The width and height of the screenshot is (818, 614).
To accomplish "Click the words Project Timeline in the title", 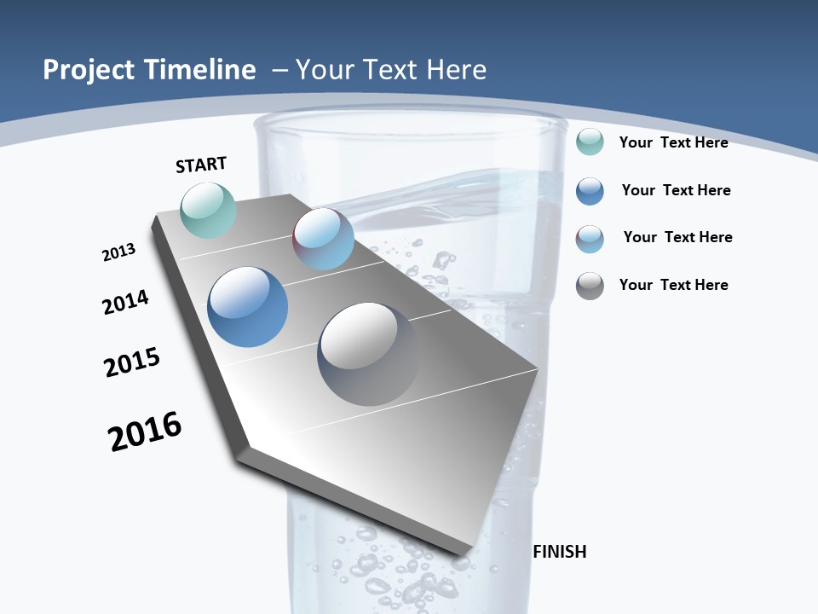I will pyautogui.click(x=149, y=70).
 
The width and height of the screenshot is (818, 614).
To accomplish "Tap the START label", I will pyautogui.click(x=201, y=165).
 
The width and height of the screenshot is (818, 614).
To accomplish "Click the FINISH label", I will pyautogui.click(x=560, y=552).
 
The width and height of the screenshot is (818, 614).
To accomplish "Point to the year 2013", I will pyautogui.click(x=118, y=252).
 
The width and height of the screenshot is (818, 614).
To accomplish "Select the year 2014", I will pyautogui.click(x=126, y=302).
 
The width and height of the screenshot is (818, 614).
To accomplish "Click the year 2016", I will pyautogui.click(x=145, y=432).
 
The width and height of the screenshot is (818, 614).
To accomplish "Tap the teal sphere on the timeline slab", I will pyautogui.click(x=209, y=210).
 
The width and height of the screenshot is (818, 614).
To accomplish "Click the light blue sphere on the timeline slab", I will pyautogui.click(x=324, y=239).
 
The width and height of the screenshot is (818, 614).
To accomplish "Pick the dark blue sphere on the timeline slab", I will pyautogui.click(x=248, y=307).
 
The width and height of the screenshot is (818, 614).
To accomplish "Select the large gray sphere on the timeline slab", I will pyautogui.click(x=369, y=353).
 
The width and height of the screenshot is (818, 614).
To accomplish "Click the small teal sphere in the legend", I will pyautogui.click(x=590, y=142).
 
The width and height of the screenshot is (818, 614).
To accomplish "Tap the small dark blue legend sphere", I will pyautogui.click(x=590, y=191).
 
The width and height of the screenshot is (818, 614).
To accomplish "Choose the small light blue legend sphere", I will pyautogui.click(x=590, y=239).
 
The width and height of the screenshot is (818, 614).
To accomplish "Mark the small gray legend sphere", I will pyautogui.click(x=590, y=286).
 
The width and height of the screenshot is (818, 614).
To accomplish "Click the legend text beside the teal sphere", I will pyautogui.click(x=673, y=142).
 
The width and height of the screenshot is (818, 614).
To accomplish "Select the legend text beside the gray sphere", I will pyautogui.click(x=673, y=285).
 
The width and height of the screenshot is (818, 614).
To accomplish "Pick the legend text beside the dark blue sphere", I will pyautogui.click(x=676, y=190).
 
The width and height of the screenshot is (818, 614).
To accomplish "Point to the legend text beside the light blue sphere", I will pyautogui.click(x=677, y=237).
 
